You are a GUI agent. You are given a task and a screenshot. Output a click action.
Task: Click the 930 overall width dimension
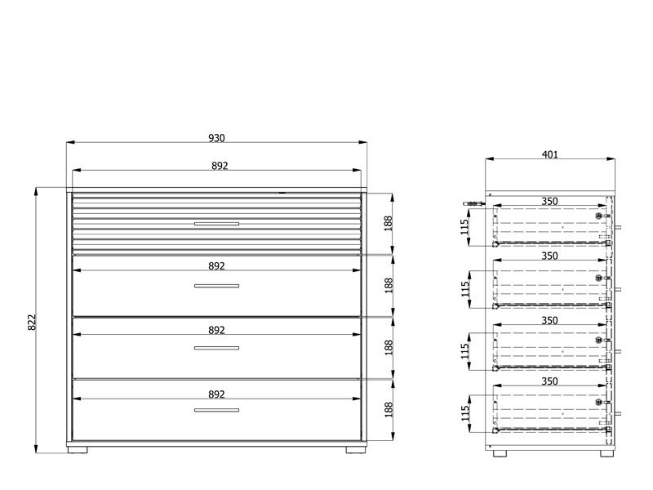(216, 138)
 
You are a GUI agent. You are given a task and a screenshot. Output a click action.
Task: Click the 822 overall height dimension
(32, 322)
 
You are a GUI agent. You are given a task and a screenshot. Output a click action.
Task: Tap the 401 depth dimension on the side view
(549, 154)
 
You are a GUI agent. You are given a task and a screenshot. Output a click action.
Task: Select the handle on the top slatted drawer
(216, 224)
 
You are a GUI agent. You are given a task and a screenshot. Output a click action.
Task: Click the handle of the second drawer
(216, 286)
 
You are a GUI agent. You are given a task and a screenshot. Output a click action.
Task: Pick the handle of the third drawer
(216, 348)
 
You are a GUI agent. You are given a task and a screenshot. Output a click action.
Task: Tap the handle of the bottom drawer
(216, 410)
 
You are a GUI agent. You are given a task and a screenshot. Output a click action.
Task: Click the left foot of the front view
(78, 450)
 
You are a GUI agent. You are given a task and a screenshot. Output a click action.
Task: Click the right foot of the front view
(356, 450)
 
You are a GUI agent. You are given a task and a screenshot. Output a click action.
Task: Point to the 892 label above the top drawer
(220, 166)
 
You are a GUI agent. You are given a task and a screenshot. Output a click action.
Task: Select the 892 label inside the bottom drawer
(216, 394)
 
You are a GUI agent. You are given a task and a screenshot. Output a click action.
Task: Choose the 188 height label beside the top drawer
(389, 224)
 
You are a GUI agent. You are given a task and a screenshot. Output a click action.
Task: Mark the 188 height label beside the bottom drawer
(389, 410)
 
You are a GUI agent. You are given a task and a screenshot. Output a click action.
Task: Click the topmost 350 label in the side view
(549, 201)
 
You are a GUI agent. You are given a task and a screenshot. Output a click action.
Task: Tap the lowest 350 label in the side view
(549, 381)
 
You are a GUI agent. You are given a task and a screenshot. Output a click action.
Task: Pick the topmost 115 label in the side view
(465, 227)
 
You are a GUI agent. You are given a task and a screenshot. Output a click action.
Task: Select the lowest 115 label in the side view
(465, 413)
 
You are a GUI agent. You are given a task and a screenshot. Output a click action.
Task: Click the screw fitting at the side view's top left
(474, 203)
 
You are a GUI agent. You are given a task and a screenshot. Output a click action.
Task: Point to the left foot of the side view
(500, 453)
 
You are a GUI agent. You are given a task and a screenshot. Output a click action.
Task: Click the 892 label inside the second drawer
(216, 266)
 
